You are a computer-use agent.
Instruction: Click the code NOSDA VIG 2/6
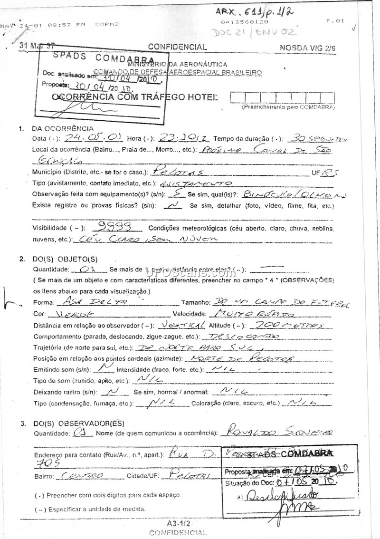(x=307, y=48)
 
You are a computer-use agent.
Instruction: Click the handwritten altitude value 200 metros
(x=289, y=325)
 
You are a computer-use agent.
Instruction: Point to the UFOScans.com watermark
(x=190, y=272)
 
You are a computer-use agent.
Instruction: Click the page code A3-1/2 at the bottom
(x=178, y=523)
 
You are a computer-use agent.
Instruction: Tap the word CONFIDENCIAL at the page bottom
(x=178, y=532)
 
